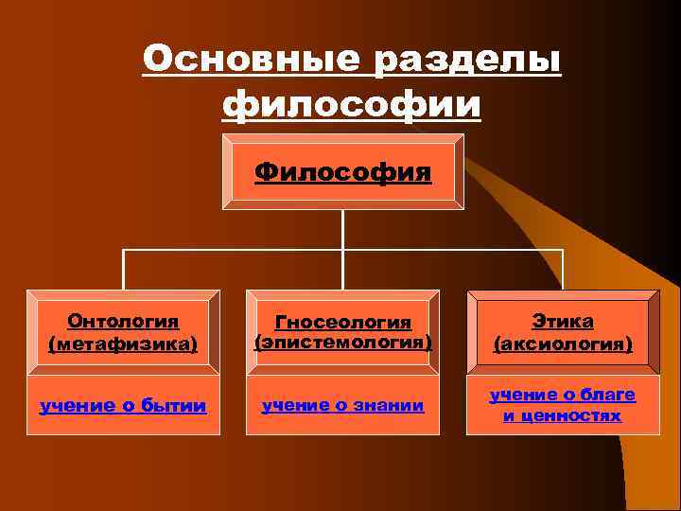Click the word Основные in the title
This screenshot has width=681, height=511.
click(x=251, y=61)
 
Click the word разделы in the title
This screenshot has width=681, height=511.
click(x=465, y=61)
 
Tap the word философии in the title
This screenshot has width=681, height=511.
click(x=351, y=102)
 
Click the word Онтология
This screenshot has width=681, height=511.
click(x=123, y=322)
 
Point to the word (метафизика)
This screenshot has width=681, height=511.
click(x=123, y=343)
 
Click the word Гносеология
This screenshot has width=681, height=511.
click(x=342, y=323)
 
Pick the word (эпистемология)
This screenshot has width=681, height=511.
click(x=342, y=343)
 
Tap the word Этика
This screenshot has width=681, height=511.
click(x=563, y=322)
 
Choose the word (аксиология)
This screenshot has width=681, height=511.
click(x=563, y=344)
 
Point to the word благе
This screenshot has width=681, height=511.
click(x=608, y=395)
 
